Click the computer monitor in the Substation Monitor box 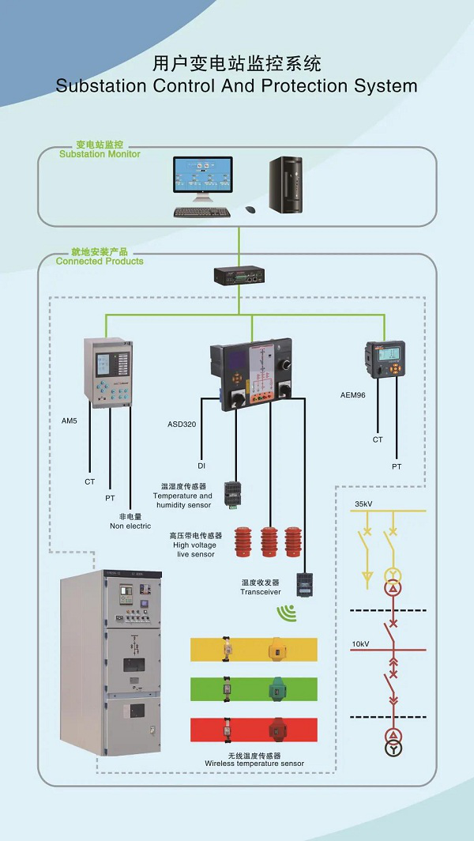[203, 178]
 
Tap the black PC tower [285, 184]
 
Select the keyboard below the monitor [202, 212]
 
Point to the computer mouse [250, 209]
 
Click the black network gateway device [239, 276]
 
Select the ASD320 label [182, 423]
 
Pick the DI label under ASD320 [201, 466]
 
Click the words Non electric [130, 526]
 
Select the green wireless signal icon [284, 612]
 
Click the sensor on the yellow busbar [276, 649]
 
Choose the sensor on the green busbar [276, 687]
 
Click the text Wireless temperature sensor [254, 764]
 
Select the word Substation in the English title [96, 85]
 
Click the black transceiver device [305, 583]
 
